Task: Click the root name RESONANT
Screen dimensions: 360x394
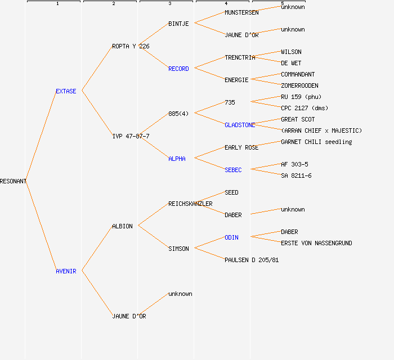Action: (x=13, y=181)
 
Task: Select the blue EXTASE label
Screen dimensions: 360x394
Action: (x=66, y=91)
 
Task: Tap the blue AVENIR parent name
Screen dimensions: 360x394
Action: (x=66, y=271)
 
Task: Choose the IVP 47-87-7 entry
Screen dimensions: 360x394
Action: (x=131, y=136)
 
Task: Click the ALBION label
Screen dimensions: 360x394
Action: (x=122, y=226)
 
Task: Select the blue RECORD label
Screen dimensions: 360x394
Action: (x=178, y=69)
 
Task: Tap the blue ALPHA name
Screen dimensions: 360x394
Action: (x=177, y=159)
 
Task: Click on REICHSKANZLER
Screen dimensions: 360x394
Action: (x=190, y=204)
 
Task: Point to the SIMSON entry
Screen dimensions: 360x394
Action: (x=178, y=249)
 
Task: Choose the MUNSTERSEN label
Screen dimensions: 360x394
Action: (x=241, y=12)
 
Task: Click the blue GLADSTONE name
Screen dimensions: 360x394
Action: (x=240, y=125)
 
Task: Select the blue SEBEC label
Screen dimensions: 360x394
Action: (x=233, y=170)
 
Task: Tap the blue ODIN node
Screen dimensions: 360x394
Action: (x=231, y=237)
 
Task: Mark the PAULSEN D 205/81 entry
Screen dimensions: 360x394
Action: (x=252, y=260)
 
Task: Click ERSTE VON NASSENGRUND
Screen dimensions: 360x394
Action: (x=316, y=243)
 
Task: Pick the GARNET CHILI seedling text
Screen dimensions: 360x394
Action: (x=316, y=142)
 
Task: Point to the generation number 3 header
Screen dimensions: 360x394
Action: (x=169, y=4)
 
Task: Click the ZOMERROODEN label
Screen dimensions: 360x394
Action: (x=299, y=85)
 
